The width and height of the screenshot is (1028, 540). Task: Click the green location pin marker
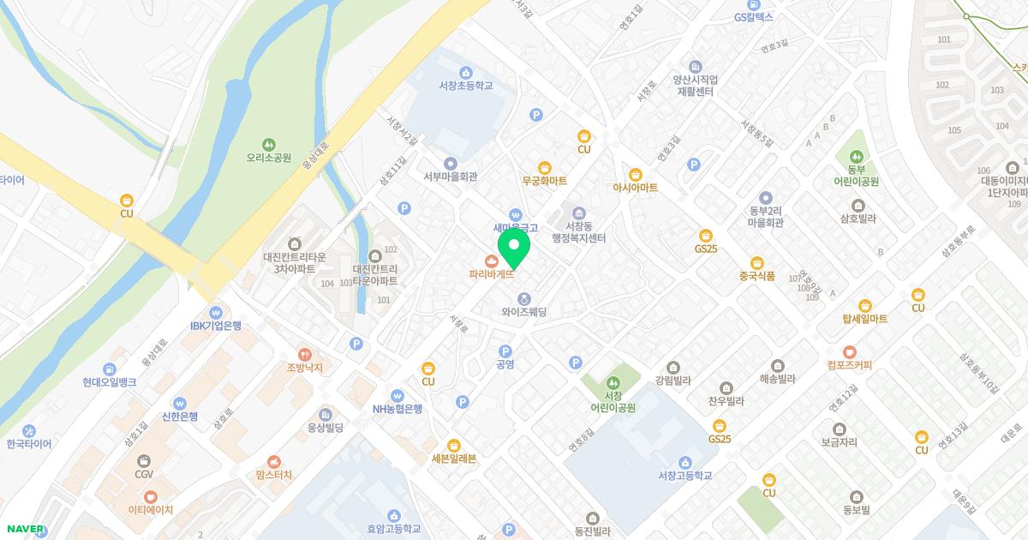514,247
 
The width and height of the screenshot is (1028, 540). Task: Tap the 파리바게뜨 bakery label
492,274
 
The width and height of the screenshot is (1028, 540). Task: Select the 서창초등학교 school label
465,86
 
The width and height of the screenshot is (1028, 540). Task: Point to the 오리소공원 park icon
269,144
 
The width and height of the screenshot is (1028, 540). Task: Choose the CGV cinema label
144,473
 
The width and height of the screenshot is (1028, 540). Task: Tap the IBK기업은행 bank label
215,326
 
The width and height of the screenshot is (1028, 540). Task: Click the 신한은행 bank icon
180,402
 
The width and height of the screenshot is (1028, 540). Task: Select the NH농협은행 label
397,409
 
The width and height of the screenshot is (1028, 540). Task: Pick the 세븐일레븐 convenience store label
453,459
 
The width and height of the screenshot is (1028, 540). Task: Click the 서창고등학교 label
684,476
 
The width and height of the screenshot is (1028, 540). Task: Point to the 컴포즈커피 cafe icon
849,351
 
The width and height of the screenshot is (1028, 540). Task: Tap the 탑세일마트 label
864,319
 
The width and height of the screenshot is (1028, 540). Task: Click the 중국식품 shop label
756,276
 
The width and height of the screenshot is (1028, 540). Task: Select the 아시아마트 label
635,187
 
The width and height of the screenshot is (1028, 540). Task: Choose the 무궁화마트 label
544,181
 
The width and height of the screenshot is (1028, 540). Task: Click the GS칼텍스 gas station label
753,16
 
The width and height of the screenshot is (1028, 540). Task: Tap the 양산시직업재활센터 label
695,85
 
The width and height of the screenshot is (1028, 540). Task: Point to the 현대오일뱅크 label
110,382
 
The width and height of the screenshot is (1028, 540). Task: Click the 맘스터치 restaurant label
273,474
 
